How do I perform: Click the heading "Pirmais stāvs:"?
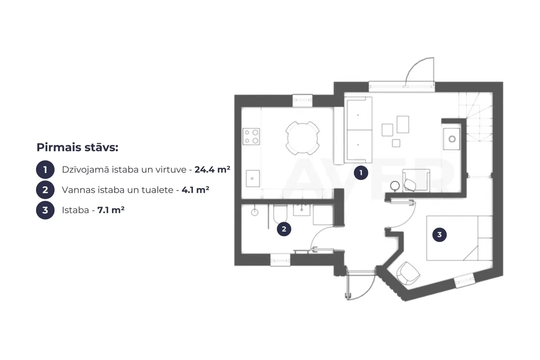78,147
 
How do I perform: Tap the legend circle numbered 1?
45,170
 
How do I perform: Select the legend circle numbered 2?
45,190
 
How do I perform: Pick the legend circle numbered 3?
45,210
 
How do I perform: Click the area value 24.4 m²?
212,169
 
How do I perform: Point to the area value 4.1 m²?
195,189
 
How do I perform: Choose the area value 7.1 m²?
111,210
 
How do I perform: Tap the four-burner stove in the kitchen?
251,136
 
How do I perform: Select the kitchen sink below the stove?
252,179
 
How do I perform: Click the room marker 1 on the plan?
361,172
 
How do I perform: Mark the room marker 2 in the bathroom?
284,229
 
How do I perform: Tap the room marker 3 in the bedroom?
439,234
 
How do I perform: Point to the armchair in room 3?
408,273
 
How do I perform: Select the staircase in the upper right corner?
476,117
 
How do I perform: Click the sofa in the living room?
358,130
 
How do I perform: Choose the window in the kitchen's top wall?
302,100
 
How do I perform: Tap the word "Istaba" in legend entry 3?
75,210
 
